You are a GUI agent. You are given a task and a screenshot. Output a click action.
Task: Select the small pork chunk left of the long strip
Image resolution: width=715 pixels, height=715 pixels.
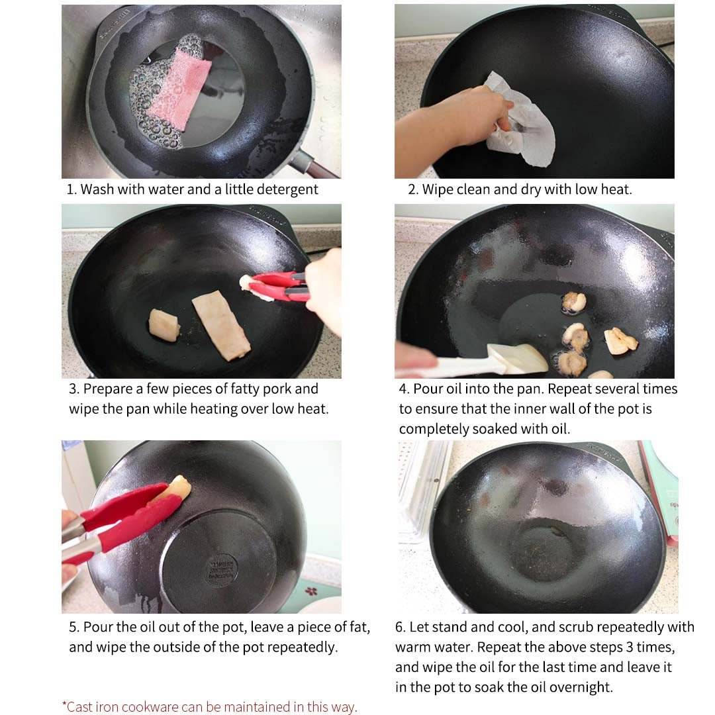(x=164, y=324)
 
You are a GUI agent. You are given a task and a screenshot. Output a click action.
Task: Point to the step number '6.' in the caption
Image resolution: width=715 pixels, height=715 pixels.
(x=400, y=628)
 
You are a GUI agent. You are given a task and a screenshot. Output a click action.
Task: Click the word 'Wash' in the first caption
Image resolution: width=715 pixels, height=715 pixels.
(x=97, y=189)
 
